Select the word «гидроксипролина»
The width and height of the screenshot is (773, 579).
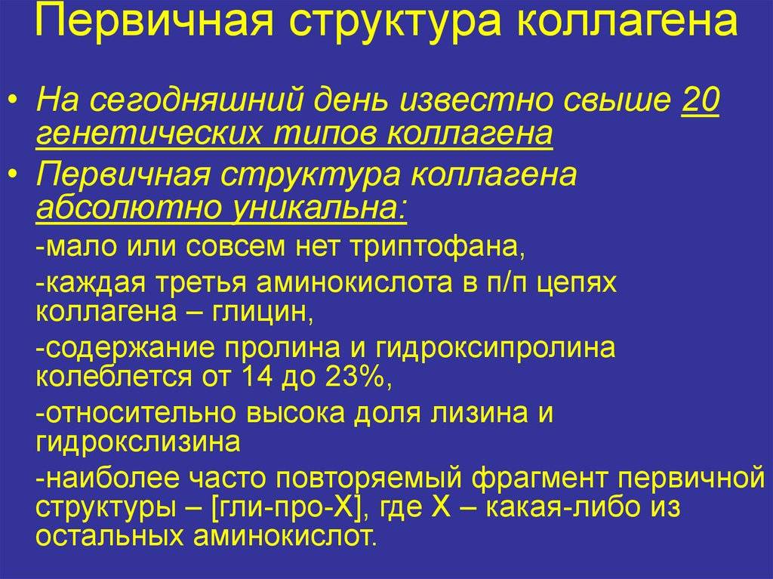(x=495, y=348)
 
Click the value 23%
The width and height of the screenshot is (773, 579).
(x=356, y=377)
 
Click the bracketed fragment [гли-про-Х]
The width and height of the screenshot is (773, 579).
(x=286, y=507)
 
